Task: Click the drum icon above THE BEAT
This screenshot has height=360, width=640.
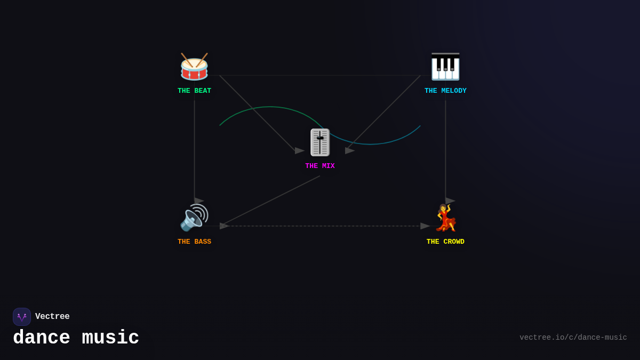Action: [194, 67]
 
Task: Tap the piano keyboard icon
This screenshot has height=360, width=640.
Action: [445, 67]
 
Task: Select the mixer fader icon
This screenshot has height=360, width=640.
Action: [320, 142]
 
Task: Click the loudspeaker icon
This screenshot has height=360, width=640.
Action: [194, 218]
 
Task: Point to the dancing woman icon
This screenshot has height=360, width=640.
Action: [446, 218]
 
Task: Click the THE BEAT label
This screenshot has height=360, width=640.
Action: [194, 91]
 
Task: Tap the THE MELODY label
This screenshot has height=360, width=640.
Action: [445, 91]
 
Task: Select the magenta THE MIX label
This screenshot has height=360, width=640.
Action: [320, 166]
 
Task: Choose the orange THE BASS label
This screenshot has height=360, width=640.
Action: [194, 242]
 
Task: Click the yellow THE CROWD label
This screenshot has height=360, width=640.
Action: [445, 242]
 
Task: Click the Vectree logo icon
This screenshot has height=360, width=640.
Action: [22, 317]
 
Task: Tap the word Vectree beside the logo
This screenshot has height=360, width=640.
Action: [52, 316]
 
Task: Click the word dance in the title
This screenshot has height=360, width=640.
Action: [42, 338]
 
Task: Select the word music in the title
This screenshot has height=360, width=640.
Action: [110, 338]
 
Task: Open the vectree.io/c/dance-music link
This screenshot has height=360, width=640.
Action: [573, 338]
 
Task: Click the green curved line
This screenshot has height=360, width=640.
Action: [270, 107]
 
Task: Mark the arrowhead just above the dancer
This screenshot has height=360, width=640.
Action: [450, 201]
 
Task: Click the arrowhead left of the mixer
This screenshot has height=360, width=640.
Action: [299, 150]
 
